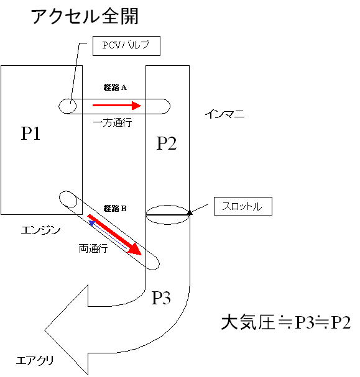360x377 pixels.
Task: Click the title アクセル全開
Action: [x=85, y=16]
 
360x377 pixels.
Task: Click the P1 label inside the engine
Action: [x=30, y=133]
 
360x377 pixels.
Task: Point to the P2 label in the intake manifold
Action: [x=167, y=143]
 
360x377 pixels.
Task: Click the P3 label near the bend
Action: [x=161, y=298]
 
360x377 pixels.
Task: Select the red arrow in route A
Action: [x=117, y=106]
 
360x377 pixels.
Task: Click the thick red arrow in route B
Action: [x=115, y=235]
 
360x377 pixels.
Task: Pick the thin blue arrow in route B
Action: [x=108, y=234]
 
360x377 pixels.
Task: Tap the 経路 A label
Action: [x=115, y=88]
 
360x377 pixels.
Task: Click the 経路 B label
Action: [x=115, y=208]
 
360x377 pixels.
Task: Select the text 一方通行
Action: [x=113, y=122]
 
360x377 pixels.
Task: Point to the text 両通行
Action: [x=93, y=248]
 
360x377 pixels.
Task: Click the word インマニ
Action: [x=224, y=114]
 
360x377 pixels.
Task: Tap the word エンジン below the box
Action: [x=40, y=230]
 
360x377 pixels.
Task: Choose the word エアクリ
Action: [x=35, y=360]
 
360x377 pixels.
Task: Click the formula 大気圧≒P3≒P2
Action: [x=286, y=322]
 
